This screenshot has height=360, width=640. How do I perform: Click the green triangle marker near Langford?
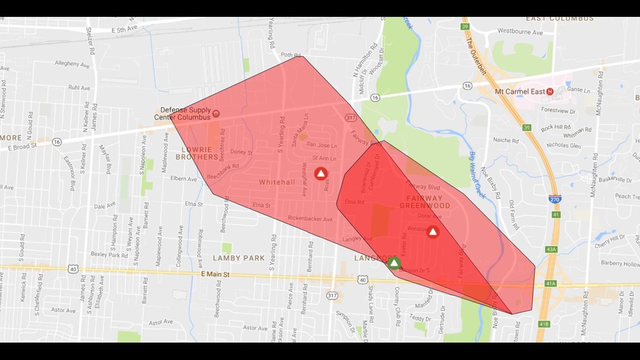pyautogui.click(x=394, y=263)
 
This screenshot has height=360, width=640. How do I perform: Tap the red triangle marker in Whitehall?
pyautogui.click(x=321, y=174)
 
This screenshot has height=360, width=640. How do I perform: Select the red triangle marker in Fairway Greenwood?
pyautogui.click(x=433, y=231)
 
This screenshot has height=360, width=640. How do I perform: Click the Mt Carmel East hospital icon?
pyautogui.click(x=550, y=92)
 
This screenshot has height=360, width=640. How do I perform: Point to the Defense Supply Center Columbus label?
pyautogui.click(x=185, y=113)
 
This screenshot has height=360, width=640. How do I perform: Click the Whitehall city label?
pyautogui.click(x=277, y=183)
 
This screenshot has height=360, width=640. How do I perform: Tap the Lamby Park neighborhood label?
pyautogui.click(x=239, y=258)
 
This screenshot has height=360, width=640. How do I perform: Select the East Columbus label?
pyautogui.click(x=559, y=19)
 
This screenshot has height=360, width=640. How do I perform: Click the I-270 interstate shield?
pyautogui.click(x=555, y=199)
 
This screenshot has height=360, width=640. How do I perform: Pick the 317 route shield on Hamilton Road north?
pyautogui.click(x=351, y=117)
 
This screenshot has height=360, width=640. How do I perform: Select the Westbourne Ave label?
pyautogui.click(x=520, y=32)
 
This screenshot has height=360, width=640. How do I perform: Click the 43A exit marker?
pyautogui.click(x=551, y=249)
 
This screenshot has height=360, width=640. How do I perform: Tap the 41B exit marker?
pyautogui.click(x=543, y=324)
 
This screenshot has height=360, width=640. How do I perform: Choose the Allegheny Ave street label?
pyautogui.click(x=72, y=65)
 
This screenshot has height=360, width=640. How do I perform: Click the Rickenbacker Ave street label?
pyautogui.click(x=310, y=218)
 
